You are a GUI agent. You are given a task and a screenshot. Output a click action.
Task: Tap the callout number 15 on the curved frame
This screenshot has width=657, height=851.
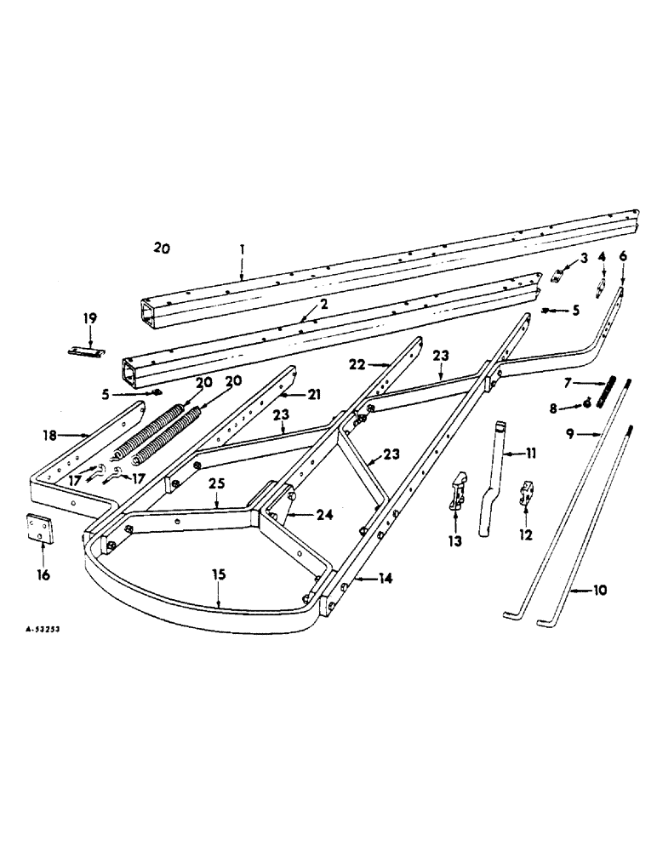pyautogui.click(x=220, y=575)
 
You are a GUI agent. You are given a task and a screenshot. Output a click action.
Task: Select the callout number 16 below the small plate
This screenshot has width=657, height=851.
pyautogui.click(x=43, y=576)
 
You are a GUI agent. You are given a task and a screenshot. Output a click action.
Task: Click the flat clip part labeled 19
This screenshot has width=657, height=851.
pyautogui.click(x=88, y=351)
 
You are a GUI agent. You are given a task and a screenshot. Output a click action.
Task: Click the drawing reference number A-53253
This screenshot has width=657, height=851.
pyautogui.click(x=41, y=629)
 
